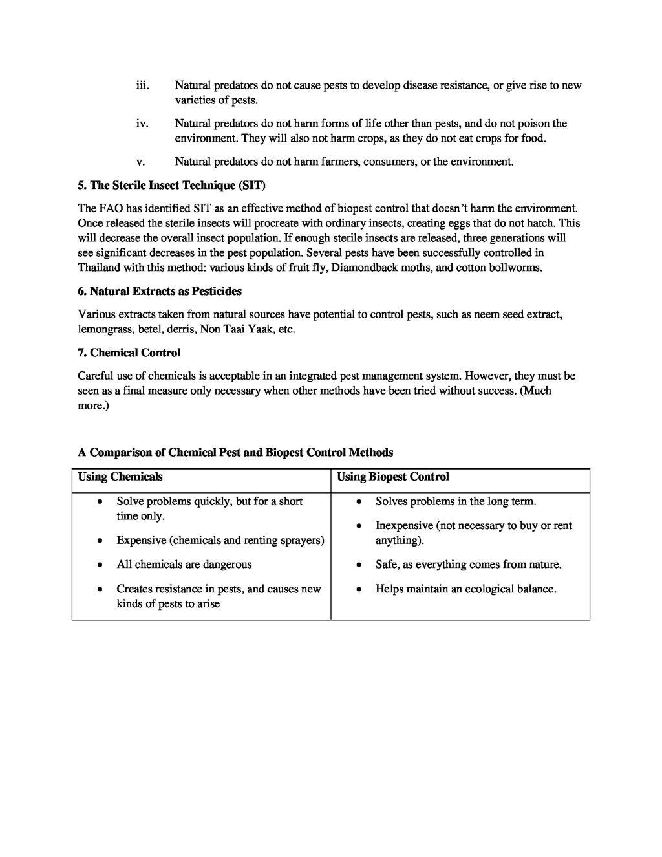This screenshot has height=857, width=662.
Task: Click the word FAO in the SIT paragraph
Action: tap(111, 208)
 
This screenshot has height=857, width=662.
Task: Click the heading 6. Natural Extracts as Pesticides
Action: tap(160, 291)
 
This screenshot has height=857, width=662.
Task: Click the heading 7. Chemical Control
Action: tap(129, 353)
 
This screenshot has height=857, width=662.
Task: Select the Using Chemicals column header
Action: tap(120, 477)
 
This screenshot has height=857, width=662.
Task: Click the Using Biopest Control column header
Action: tap(392, 477)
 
